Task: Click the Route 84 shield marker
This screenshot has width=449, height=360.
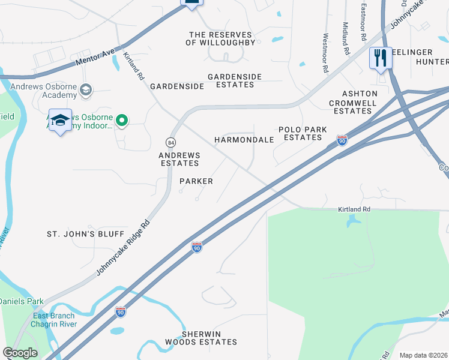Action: [x=171, y=142]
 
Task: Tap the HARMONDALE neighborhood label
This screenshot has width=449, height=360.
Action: [x=244, y=140]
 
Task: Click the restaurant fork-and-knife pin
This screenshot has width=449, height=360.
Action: [x=381, y=58]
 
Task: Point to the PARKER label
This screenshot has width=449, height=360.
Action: [x=196, y=181]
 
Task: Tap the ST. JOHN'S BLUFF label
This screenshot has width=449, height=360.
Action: [x=86, y=233]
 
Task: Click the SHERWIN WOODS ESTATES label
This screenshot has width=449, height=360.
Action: [x=209, y=338]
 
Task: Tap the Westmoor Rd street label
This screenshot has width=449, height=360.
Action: [x=325, y=53]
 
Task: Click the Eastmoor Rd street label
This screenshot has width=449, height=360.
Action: [x=364, y=21]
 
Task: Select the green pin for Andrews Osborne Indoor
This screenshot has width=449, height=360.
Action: [x=122, y=121]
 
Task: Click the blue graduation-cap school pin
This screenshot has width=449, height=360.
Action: [x=60, y=121]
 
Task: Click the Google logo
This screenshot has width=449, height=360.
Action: [x=20, y=353]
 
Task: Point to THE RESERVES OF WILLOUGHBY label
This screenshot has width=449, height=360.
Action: [x=221, y=38]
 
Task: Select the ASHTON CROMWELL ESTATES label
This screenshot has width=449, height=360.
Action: [x=360, y=102]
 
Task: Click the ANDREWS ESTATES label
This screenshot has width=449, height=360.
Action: [x=179, y=159]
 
